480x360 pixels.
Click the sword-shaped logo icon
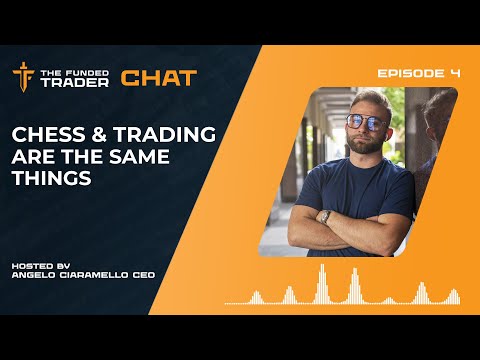pyautogui.click(x=23, y=77)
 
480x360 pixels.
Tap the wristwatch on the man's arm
pyautogui.click(x=325, y=215)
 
